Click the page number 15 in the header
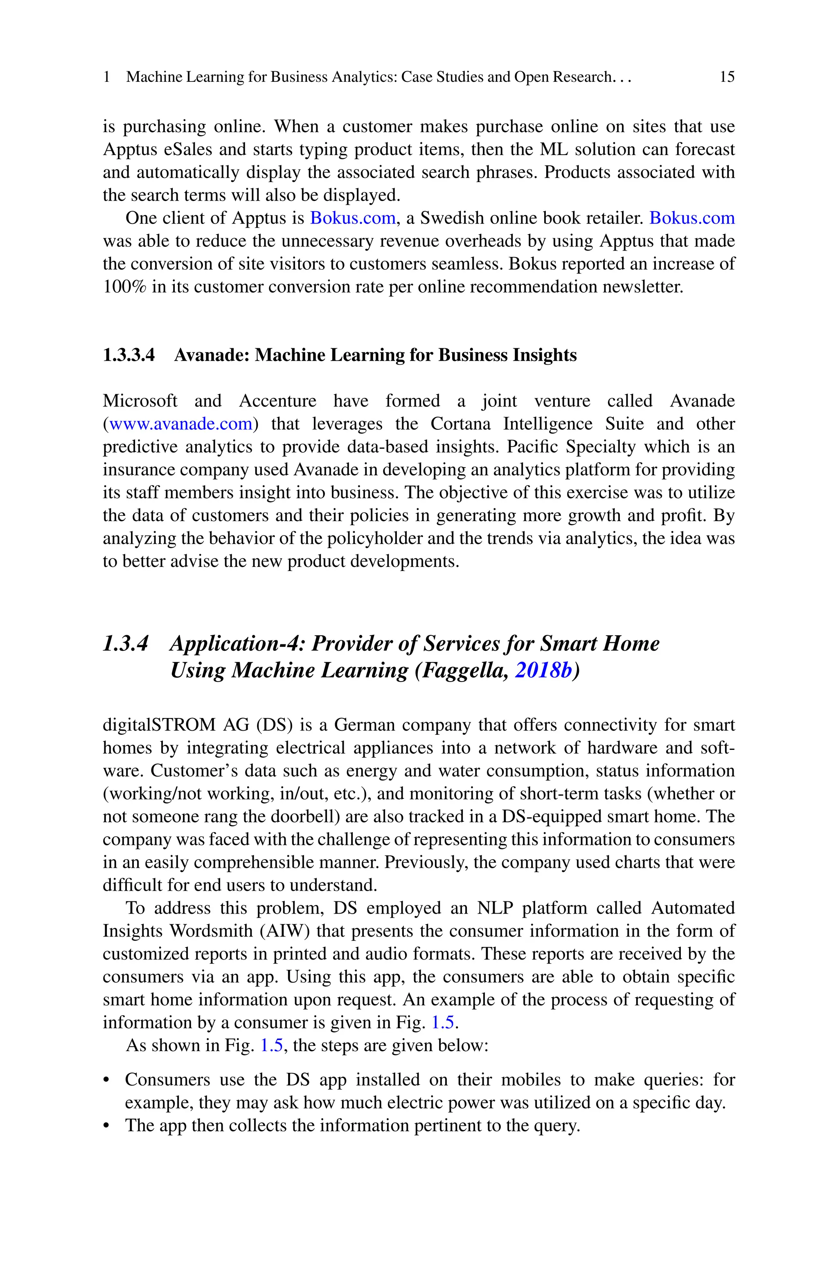727,77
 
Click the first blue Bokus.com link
353,218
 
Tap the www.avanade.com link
180,424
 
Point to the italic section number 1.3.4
125,643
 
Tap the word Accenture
277,401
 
